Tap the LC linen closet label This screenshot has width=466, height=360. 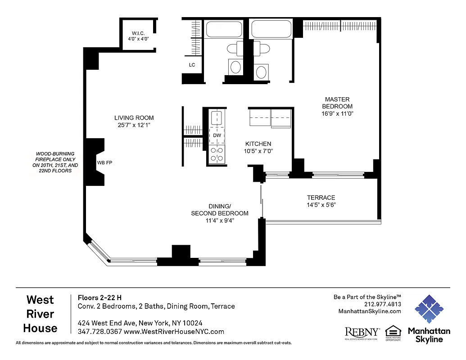click(192, 65)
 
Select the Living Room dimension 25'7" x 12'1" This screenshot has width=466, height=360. click(131, 125)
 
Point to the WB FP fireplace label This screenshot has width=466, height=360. click(104, 163)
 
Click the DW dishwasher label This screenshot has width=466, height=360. click(217, 135)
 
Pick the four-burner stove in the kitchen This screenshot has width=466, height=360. click(217, 153)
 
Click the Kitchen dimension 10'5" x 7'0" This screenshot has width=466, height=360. click(258, 151)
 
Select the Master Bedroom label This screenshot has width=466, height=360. click(337, 103)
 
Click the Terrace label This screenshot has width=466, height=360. click(321, 198)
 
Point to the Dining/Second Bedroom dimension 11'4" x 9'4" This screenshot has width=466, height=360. click(220, 220)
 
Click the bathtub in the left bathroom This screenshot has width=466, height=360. click(224, 30)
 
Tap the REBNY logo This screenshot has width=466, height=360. click(362, 332)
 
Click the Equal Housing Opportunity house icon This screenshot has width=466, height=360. click(393, 331)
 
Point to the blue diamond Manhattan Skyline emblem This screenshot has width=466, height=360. click(429, 309)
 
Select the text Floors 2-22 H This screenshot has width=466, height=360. click(100, 297)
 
